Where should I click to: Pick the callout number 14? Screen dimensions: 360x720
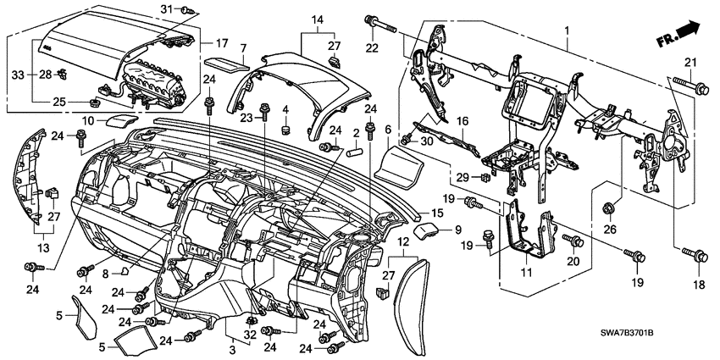point(318,18)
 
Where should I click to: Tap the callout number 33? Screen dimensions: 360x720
point(19,75)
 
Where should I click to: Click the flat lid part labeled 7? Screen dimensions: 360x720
point(225,61)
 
